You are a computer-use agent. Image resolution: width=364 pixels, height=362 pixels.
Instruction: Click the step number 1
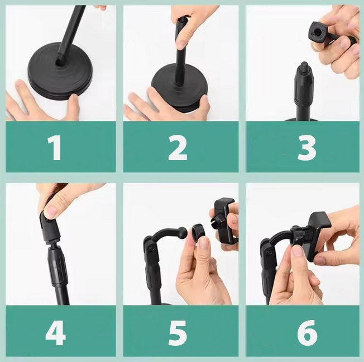click(x=55, y=148)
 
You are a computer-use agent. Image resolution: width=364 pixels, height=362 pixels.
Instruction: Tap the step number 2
click(x=178, y=148)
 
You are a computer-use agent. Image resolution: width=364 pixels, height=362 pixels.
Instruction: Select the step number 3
click(x=306, y=148)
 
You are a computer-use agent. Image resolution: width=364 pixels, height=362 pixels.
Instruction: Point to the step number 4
click(x=56, y=333)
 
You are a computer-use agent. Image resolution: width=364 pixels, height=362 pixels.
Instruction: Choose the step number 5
click(x=178, y=333)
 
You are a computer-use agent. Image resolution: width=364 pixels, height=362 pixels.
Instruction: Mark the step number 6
click(x=307, y=333)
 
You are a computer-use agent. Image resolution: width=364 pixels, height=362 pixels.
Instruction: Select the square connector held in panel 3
click(x=318, y=32)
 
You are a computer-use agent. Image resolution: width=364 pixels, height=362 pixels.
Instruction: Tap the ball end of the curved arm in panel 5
click(x=183, y=232)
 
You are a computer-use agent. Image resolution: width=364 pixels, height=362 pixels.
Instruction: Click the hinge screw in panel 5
click(x=151, y=249)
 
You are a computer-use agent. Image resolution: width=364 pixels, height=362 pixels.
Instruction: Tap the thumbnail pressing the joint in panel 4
click(x=51, y=210)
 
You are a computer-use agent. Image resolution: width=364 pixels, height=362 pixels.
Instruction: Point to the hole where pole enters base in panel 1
click(x=58, y=63)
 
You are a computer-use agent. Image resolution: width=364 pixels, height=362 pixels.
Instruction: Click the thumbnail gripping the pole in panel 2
click(x=181, y=44)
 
